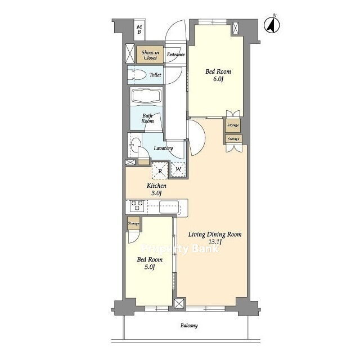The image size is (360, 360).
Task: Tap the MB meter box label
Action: pyautogui.click(x=139, y=29)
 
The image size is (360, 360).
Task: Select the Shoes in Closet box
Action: pyautogui.click(x=150, y=55)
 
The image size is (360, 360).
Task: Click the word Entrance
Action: pyautogui.click(x=175, y=55)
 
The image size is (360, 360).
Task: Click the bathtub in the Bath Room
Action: pyautogui.click(x=146, y=96)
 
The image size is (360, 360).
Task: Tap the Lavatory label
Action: pyautogui.click(x=163, y=148)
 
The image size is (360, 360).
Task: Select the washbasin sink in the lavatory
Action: pyautogui.click(x=135, y=145)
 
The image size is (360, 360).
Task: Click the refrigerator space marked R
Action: pyautogui.click(x=160, y=170)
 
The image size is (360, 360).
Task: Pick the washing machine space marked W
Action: pyautogui.click(x=178, y=169)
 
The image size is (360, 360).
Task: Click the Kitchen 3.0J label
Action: pyautogui.click(x=156, y=189)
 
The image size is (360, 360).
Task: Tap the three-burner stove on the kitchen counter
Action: pyautogui.click(x=137, y=205)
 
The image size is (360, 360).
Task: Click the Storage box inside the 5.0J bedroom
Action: pyautogui.click(x=134, y=223)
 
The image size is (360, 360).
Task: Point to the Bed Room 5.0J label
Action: pyautogui.click(x=150, y=263)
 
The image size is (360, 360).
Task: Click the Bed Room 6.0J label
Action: pyautogui.click(x=218, y=75)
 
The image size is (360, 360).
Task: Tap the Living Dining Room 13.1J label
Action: pyautogui.click(x=215, y=238)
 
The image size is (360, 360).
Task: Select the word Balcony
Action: pyautogui.click(x=189, y=326)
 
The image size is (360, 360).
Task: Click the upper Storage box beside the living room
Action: pyautogui.click(x=233, y=125)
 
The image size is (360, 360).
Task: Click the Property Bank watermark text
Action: pyautogui.click(x=179, y=249)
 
